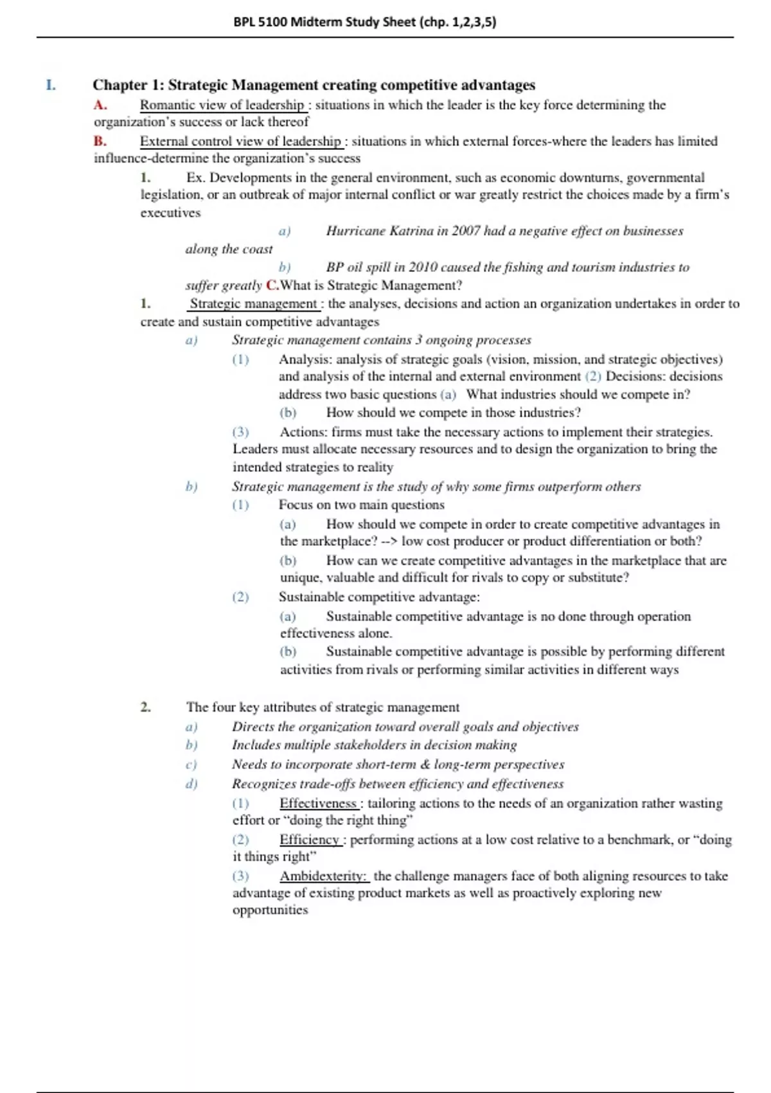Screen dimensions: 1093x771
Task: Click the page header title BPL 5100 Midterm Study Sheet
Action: coord(364,22)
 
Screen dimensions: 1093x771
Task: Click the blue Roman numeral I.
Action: coord(51,85)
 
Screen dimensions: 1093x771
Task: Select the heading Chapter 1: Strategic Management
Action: coord(314,85)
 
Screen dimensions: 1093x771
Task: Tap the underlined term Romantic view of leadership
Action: coord(222,105)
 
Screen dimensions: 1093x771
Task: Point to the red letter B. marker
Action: coord(100,141)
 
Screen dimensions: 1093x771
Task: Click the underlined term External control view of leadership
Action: coord(240,141)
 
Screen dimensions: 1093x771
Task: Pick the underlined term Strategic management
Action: coord(253,303)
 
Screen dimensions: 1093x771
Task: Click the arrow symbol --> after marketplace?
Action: coord(389,541)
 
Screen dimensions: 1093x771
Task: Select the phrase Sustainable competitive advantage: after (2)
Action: coord(379,597)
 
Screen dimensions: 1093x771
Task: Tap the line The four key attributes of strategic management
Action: coord(323,707)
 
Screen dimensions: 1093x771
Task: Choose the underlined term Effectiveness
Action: coord(318,803)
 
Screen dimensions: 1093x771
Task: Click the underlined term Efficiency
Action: coord(309,839)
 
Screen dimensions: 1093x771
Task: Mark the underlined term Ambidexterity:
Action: coord(323,876)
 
